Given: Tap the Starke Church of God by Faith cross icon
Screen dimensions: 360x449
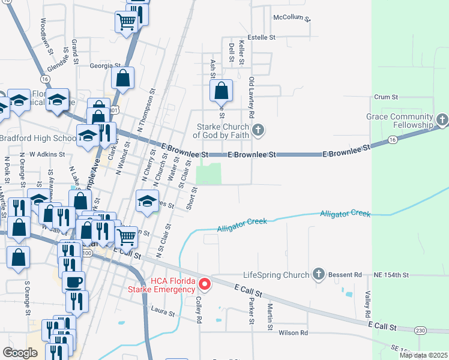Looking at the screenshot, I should (x=258, y=130).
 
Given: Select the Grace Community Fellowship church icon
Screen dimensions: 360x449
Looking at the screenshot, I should (x=442, y=120).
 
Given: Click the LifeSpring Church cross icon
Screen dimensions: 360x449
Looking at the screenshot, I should (x=318, y=275).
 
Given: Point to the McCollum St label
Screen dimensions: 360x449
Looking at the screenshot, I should (x=292, y=17).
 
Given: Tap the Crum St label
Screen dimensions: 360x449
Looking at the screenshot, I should (x=386, y=97).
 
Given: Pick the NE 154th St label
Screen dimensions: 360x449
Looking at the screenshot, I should (x=390, y=275).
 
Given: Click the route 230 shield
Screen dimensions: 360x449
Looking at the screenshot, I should (x=420, y=330).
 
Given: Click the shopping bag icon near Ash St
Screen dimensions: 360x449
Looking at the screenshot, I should (x=221, y=91).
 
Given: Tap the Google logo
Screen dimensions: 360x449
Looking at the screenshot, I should (x=20, y=352).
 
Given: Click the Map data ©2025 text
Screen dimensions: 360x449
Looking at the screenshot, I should (x=423, y=355).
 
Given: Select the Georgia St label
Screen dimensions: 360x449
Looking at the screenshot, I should (x=106, y=66).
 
